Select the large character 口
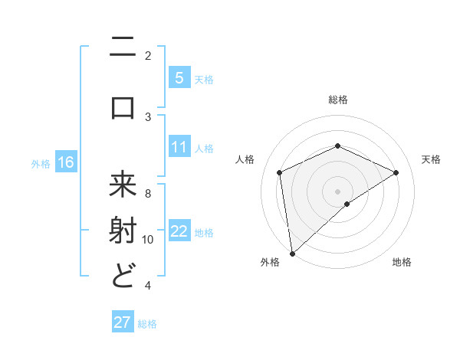click(x=123, y=107)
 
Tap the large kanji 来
click(x=123, y=186)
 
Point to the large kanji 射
click(x=123, y=231)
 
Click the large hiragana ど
click(x=123, y=274)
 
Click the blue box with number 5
click(x=179, y=77)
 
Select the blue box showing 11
click(x=179, y=147)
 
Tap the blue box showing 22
click(x=179, y=232)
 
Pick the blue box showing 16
click(x=65, y=162)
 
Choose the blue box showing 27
click(x=122, y=322)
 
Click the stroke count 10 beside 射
click(x=148, y=240)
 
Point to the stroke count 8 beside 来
click(x=148, y=193)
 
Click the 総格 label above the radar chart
click(x=337, y=100)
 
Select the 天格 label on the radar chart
click(x=431, y=159)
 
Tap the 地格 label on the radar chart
click(x=402, y=262)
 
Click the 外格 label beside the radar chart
click(x=270, y=262)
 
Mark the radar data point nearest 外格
click(x=292, y=253)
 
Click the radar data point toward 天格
click(x=396, y=172)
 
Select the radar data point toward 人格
click(x=280, y=172)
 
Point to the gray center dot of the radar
click(x=337, y=191)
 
